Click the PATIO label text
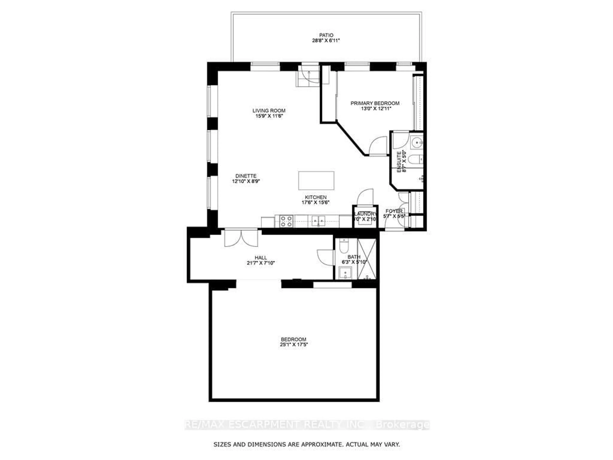point(326,35)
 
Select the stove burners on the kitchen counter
point(286,221)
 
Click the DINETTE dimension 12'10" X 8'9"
point(246,181)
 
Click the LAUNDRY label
point(365,214)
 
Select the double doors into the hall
point(241,238)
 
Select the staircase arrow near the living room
point(309,75)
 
